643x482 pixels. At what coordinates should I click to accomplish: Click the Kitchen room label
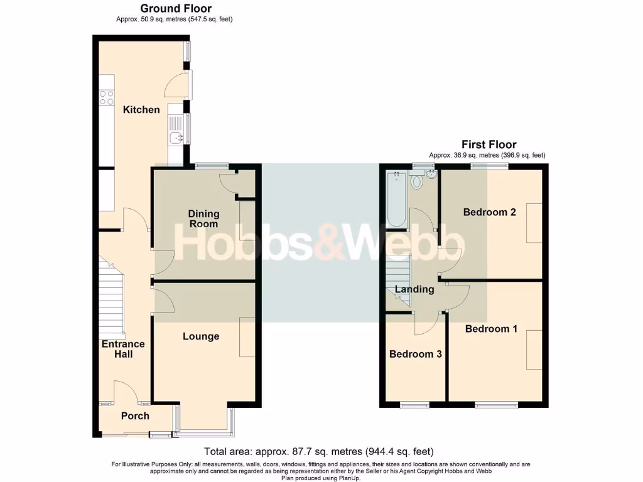pyautogui.click(x=141, y=110)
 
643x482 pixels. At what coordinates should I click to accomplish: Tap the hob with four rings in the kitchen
pyautogui.click(x=106, y=97)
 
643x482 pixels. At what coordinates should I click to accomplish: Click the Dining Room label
pyautogui.click(x=203, y=219)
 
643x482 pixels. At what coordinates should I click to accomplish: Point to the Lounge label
pyautogui.click(x=201, y=336)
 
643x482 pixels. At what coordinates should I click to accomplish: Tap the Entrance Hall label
pyautogui.click(x=123, y=349)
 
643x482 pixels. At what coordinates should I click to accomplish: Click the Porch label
pyautogui.click(x=135, y=415)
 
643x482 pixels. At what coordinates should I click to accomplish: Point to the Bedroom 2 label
pyautogui.click(x=489, y=212)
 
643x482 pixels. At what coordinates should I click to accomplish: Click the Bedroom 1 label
pyautogui.click(x=491, y=328)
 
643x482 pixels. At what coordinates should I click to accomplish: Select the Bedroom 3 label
pyautogui.click(x=415, y=354)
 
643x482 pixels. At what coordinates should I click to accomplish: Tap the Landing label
pyautogui.click(x=414, y=289)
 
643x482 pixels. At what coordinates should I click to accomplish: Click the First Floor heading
pyautogui.click(x=489, y=144)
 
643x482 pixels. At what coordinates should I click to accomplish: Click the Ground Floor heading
pyautogui.click(x=175, y=8)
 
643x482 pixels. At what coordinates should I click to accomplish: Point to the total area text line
pyautogui.click(x=319, y=451)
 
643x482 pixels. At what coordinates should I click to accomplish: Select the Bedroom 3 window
pyautogui.click(x=414, y=405)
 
